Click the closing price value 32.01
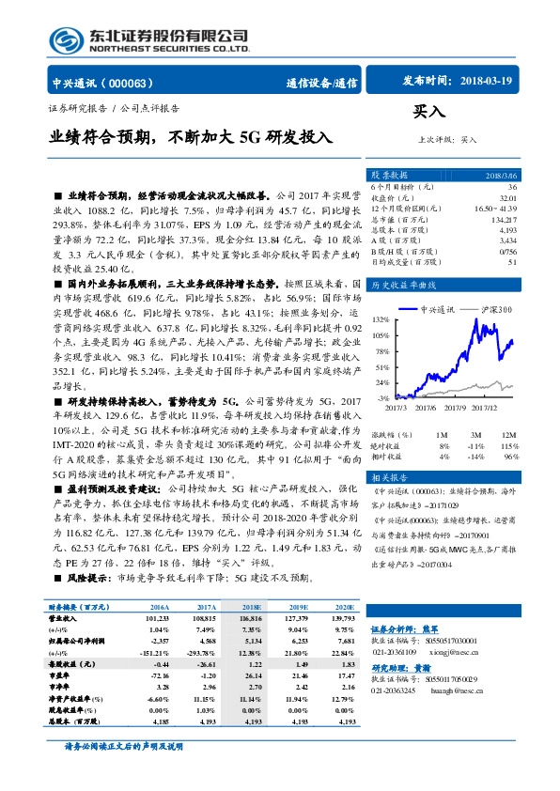507,198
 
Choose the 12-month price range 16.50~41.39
495,209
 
